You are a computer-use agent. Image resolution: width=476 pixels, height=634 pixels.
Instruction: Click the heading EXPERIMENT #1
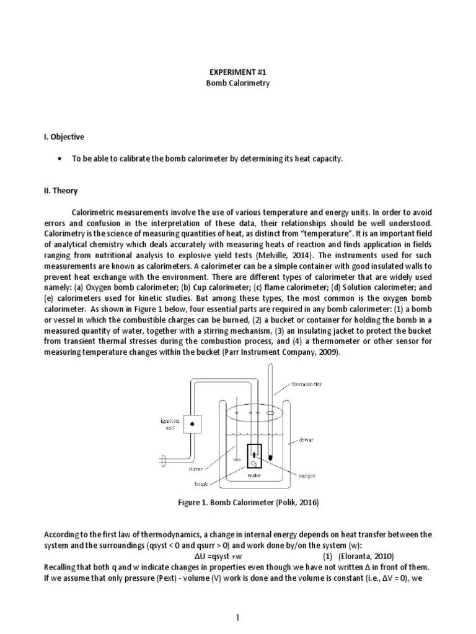pos(238,72)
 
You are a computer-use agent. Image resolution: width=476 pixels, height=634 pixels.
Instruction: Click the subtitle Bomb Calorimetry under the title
pos(238,83)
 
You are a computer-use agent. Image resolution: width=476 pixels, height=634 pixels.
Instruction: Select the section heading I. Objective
pos(64,137)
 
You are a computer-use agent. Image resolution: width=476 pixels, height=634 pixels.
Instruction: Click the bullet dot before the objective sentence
pos(59,159)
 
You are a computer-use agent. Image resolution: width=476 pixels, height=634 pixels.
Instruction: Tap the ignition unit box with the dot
pos(193,424)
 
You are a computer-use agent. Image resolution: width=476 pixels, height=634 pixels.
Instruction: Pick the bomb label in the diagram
pos(201,482)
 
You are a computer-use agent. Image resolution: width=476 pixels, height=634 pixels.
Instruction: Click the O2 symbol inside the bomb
pos(253,462)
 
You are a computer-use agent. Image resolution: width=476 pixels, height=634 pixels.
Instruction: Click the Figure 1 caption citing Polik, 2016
pos(248,503)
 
